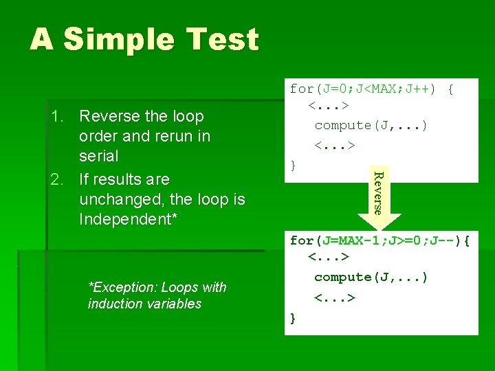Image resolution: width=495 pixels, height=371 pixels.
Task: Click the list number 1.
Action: [x=57, y=116]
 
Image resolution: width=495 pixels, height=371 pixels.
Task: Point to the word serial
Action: [x=99, y=156]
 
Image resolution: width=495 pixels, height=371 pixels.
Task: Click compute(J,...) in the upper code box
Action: [x=371, y=126]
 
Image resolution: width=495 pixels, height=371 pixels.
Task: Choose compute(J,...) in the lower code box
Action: [x=371, y=278]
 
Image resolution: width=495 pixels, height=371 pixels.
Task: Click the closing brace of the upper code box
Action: [x=294, y=165]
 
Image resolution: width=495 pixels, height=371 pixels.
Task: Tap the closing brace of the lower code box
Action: [x=294, y=317]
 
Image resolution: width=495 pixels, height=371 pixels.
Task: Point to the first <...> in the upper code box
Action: [x=328, y=107]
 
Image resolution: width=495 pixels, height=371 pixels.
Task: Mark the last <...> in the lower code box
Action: [x=334, y=298]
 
